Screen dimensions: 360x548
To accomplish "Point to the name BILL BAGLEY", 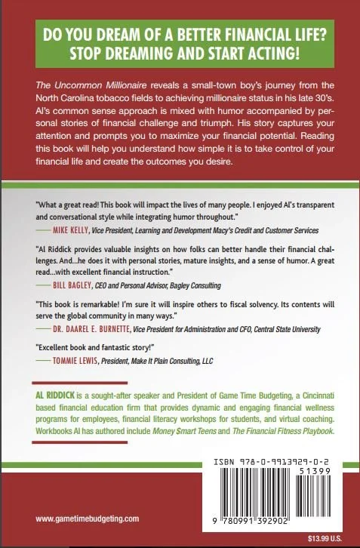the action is [81, 286].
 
